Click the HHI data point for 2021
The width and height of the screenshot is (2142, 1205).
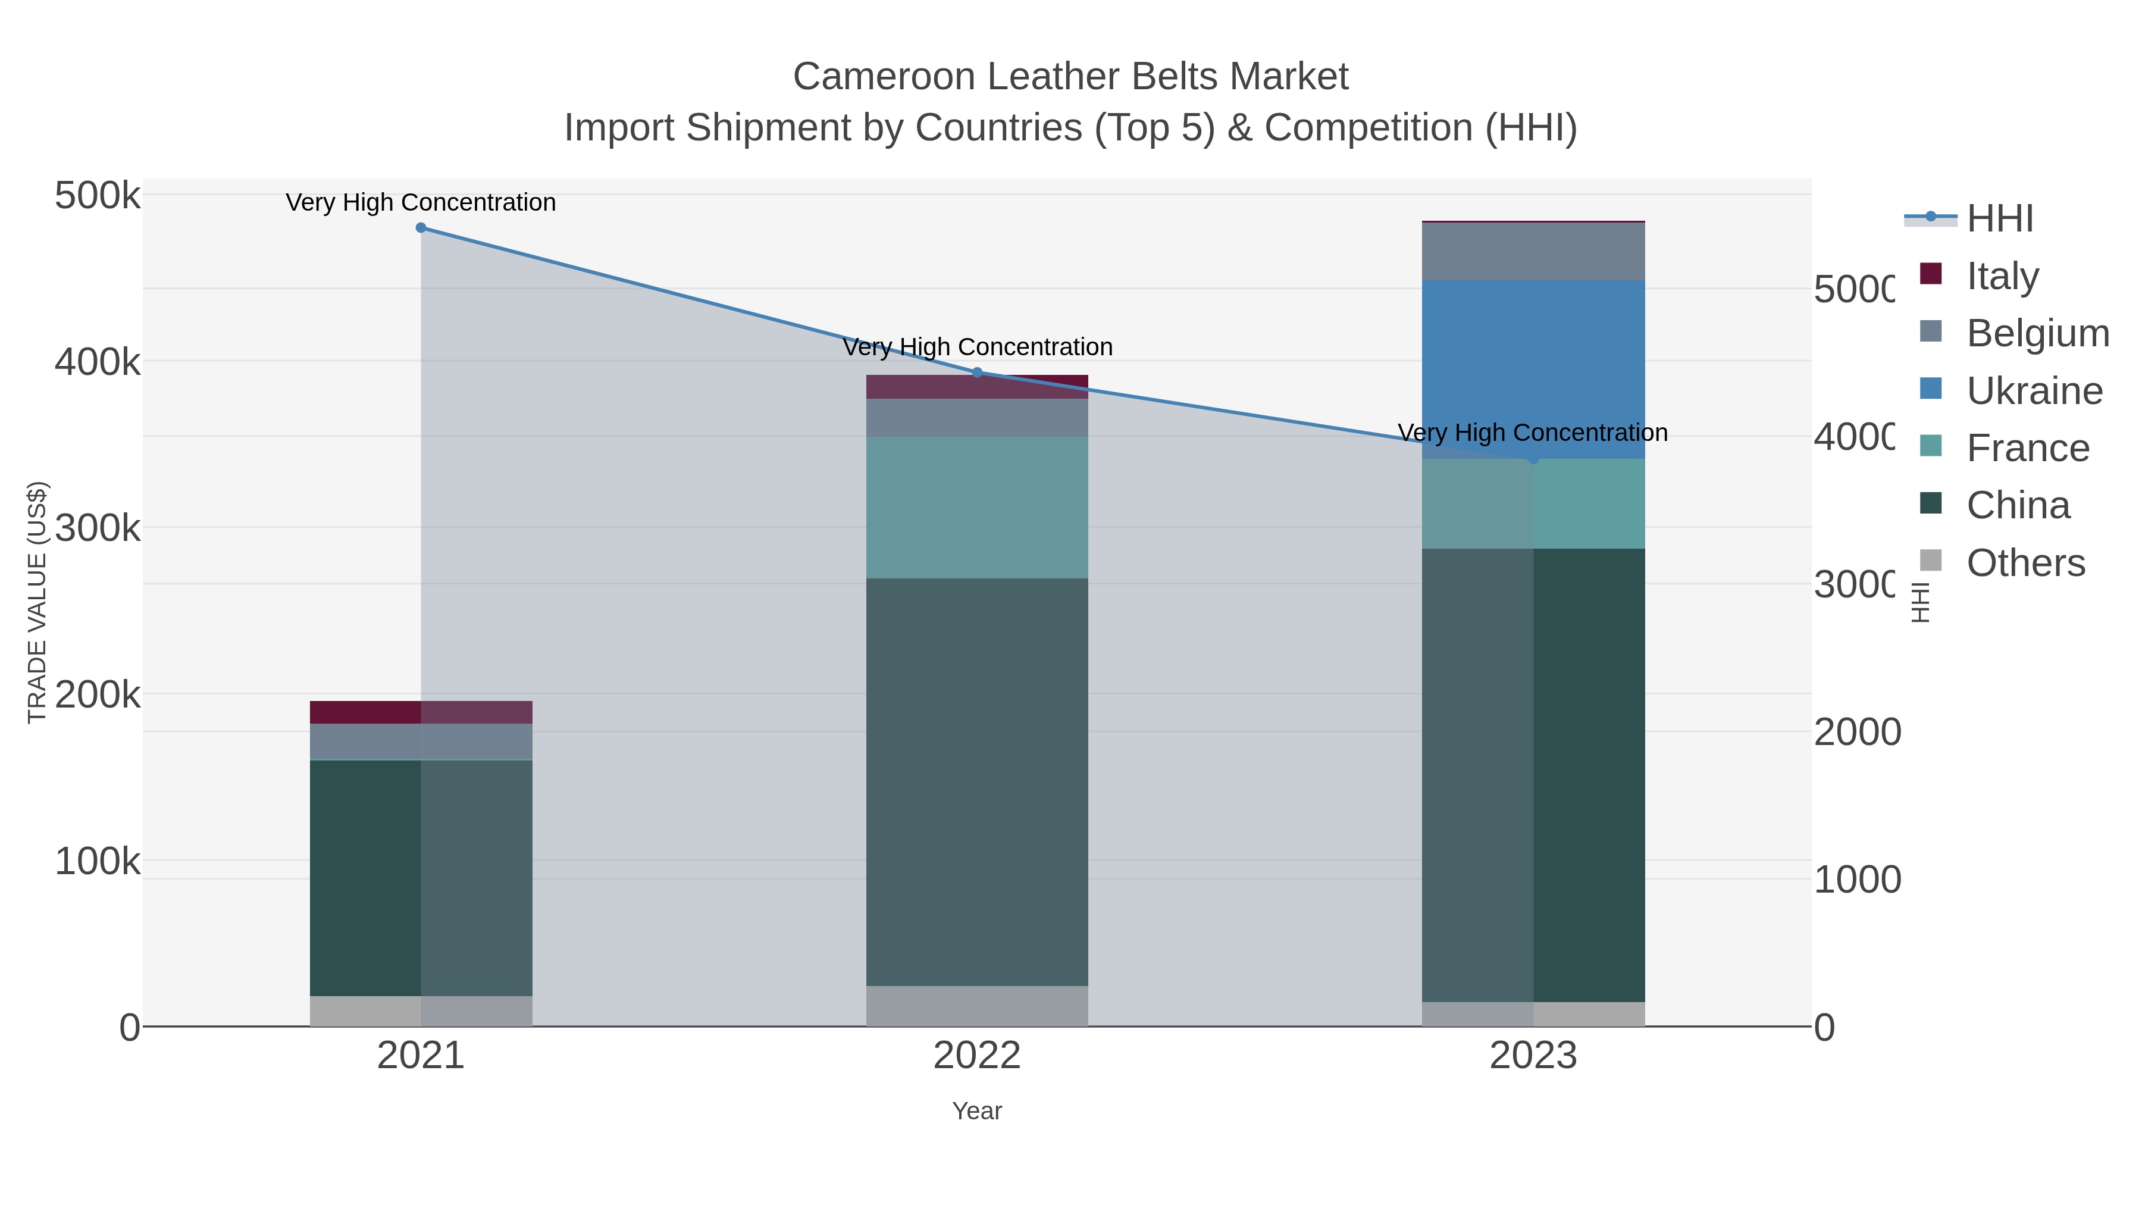(x=421, y=228)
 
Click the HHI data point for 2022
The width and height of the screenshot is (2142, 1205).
(x=977, y=373)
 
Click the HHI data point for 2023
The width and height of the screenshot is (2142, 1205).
(x=1533, y=459)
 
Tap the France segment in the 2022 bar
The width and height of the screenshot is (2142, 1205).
(x=977, y=507)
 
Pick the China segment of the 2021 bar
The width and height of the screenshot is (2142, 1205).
(x=421, y=877)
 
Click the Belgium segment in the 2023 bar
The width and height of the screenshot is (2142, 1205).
(x=1533, y=252)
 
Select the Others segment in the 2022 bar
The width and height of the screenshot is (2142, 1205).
(x=977, y=1006)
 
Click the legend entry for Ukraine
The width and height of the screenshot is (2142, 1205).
(x=2034, y=391)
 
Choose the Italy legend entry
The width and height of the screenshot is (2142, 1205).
(x=2002, y=276)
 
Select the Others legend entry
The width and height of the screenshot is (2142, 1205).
(x=2025, y=563)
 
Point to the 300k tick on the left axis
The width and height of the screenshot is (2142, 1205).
(x=98, y=528)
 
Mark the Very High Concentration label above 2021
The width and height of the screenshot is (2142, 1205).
(x=421, y=203)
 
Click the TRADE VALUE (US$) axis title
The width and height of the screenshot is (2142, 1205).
(x=36, y=602)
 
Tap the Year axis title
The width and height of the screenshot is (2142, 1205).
(x=977, y=1111)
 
